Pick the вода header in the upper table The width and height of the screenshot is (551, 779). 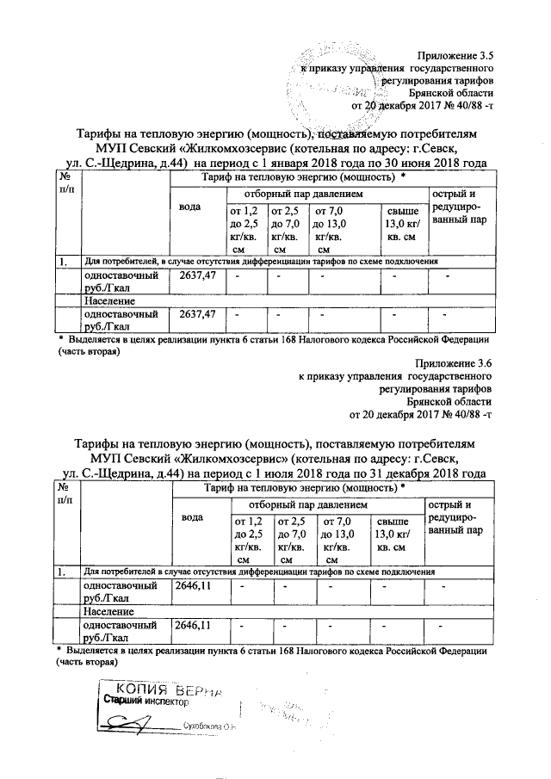(x=189, y=207)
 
